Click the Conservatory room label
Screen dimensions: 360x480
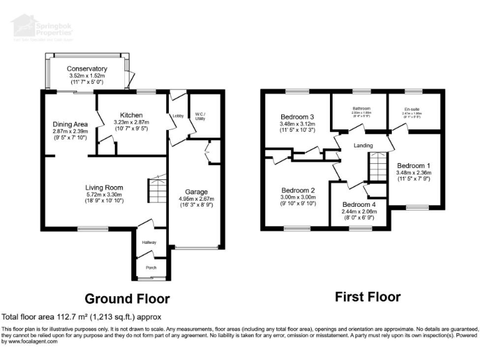(x=87, y=69)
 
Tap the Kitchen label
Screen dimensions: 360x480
(x=132, y=115)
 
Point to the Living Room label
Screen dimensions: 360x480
(x=104, y=187)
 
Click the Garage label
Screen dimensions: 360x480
(x=196, y=192)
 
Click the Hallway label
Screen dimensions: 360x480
(x=149, y=242)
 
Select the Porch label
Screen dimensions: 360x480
(x=151, y=267)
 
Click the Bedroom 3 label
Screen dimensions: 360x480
(x=297, y=117)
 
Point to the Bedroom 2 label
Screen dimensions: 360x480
(x=297, y=190)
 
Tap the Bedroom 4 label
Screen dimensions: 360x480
(x=359, y=204)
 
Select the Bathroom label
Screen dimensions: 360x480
(x=361, y=109)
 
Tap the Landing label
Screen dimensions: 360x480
(x=363, y=146)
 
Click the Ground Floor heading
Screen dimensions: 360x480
(x=127, y=299)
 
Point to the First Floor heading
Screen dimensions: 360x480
(x=368, y=297)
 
